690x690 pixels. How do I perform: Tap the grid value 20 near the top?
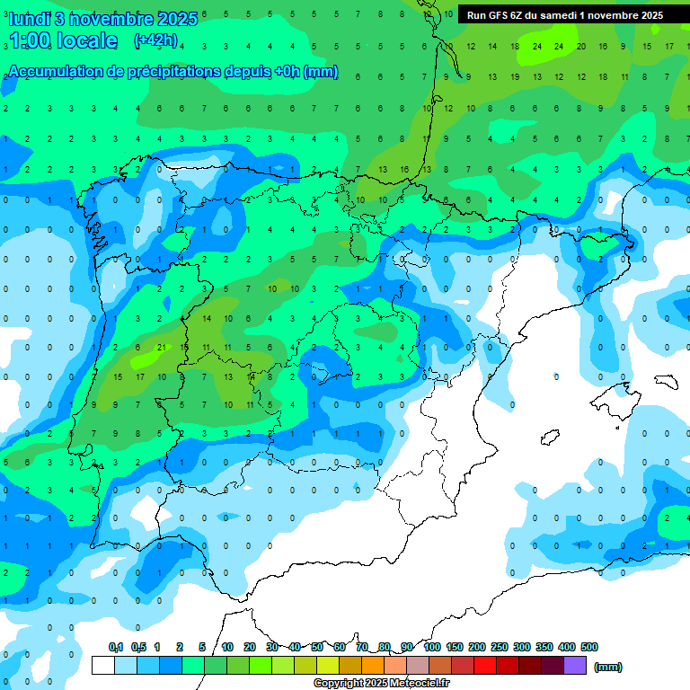(x=580, y=46)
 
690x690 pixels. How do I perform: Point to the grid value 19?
(x=492, y=77)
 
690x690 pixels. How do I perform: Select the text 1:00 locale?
(x=63, y=40)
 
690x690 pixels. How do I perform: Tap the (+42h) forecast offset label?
(x=155, y=40)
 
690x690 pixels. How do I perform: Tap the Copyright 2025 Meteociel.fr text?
(x=381, y=684)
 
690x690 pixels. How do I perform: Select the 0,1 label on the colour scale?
(x=116, y=647)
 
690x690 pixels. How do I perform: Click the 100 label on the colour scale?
(x=432, y=647)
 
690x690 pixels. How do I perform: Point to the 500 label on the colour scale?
(x=589, y=647)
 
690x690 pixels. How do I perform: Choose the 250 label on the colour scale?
(x=500, y=647)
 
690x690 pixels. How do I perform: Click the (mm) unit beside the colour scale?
(x=608, y=667)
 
